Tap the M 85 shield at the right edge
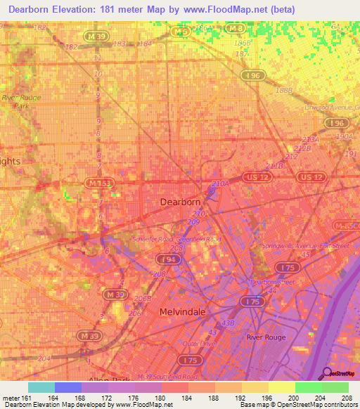click(x=349, y=226)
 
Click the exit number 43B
click(x=226, y=322)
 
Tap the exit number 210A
click(x=220, y=184)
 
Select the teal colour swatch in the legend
click(x=41, y=387)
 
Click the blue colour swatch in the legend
click(x=67, y=387)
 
